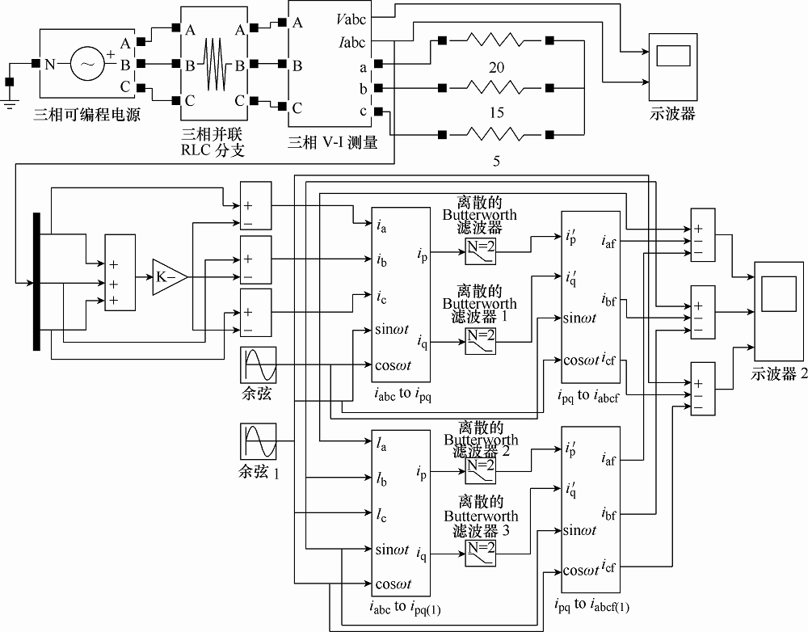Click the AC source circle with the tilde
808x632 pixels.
[x=87, y=64]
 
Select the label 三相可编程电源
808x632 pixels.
[x=86, y=115]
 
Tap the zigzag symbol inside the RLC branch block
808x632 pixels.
[x=217, y=65]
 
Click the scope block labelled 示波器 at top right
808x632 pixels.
[x=673, y=67]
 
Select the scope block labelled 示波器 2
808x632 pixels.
[x=779, y=311]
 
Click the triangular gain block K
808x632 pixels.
[x=169, y=277]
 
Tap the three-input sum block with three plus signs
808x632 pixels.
[x=120, y=272]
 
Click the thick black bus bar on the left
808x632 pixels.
[x=36, y=281]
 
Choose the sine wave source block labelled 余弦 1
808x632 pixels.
[x=259, y=441]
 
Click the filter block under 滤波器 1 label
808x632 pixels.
[x=481, y=341]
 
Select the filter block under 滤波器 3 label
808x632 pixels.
[x=481, y=553]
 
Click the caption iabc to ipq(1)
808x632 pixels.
[x=405, y=608]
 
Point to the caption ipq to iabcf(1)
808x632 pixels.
[x=592, y=605]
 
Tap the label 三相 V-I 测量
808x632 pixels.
[x=333, y=142]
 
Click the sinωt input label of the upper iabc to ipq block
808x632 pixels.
[x=392, y=330]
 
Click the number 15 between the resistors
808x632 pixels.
[x=496, y=112]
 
